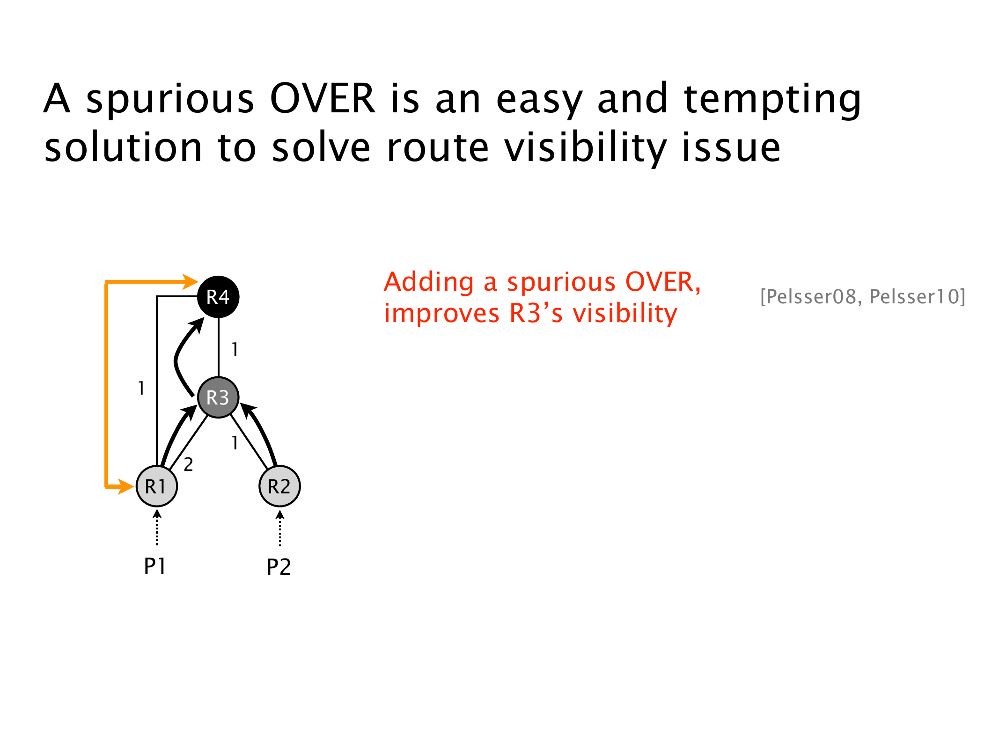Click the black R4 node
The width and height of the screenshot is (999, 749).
(x=218, y=297)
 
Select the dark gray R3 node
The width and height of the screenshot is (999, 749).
(x=218, y=397)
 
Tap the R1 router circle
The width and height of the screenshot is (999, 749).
(x=156, y=486)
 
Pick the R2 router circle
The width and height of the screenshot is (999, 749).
(x=279, y=486)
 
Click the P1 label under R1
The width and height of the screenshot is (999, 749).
(x=155, y=566)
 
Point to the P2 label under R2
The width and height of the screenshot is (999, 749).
(x=279, y=567)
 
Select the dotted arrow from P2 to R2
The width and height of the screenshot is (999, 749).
(x=280, y=529)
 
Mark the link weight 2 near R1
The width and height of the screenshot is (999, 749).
(x=188, y=464)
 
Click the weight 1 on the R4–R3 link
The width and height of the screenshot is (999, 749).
(x=235, y=349)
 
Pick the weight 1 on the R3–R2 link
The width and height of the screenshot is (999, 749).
(x=235, y=442)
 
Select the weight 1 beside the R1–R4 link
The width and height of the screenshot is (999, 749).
(x=141, y=388)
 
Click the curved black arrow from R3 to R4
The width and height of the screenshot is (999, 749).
(x=180, y=356)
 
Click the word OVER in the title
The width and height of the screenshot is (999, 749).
(x=323, y=99)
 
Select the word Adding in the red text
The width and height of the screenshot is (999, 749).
(x=429, y=282)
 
